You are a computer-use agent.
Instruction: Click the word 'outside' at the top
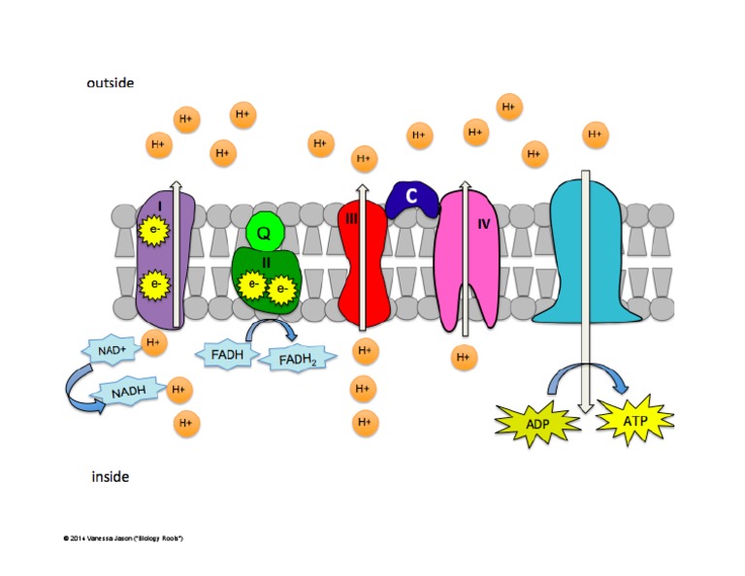tap(110, 83)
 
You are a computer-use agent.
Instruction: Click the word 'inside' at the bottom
tap(110, 476)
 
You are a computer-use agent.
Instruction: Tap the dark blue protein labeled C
tap(411, 198)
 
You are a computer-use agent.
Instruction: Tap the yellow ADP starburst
tap(537, 423)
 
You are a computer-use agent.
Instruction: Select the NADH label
tap(127, 393)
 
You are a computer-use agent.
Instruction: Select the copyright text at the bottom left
tap(122, 537)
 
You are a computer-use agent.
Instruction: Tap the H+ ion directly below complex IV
tap(464, 358)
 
